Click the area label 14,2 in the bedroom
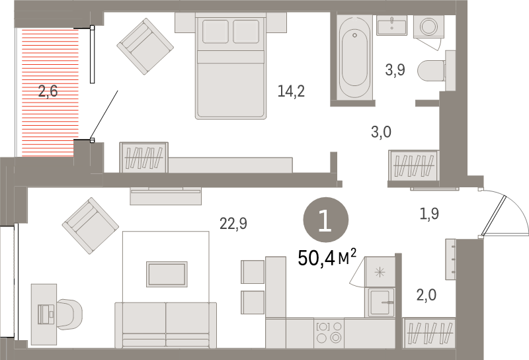point(291,91)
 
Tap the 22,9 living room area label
point(233,224)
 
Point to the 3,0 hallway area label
point(381,132)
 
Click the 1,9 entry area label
point(429,213)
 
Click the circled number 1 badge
point(325,220)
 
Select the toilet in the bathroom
point(440,69)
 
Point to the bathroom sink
point(394,26)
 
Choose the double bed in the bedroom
point(231,66)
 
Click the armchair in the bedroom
point(145,46)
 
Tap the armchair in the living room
point(91,226)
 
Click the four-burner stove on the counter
point(329,332)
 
